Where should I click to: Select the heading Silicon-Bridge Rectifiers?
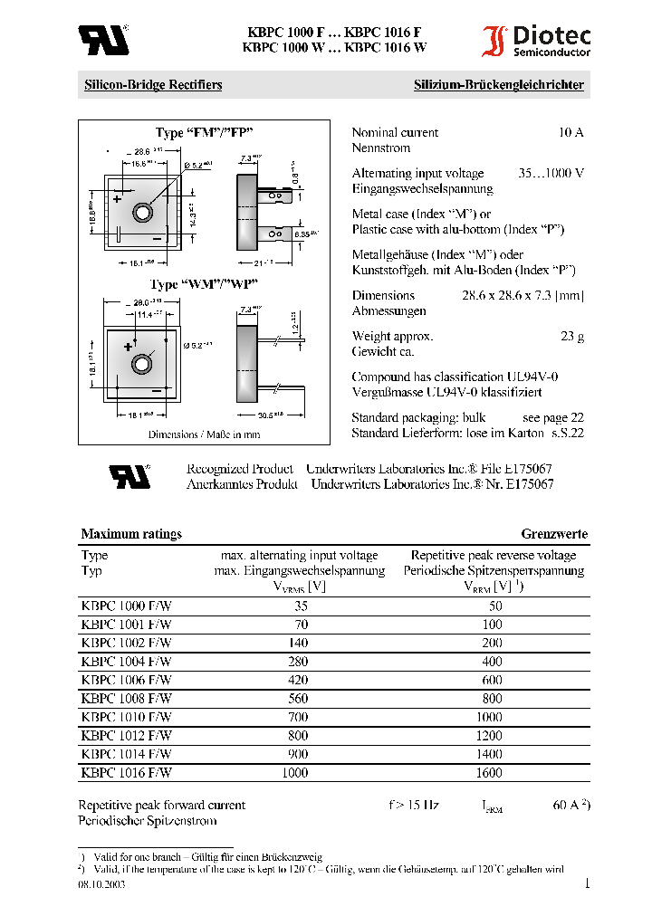(x=153, y=85)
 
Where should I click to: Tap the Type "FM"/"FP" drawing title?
(x=203, y=134)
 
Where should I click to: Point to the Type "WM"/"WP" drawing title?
(x=205, y=285)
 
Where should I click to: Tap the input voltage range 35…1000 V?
(x=551, y=173)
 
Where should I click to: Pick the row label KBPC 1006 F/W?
(x=126, y=680)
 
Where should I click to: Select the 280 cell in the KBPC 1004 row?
(x=298, y=662)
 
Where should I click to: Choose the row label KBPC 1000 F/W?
(x=126, y=606)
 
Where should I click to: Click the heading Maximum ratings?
(x=131, y=534)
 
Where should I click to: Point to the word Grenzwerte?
(x=554, y=534)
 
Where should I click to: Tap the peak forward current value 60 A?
(x=569, y=805)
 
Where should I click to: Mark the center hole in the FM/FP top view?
(x=143, y=213)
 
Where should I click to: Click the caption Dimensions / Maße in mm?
(x=204, y=434)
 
